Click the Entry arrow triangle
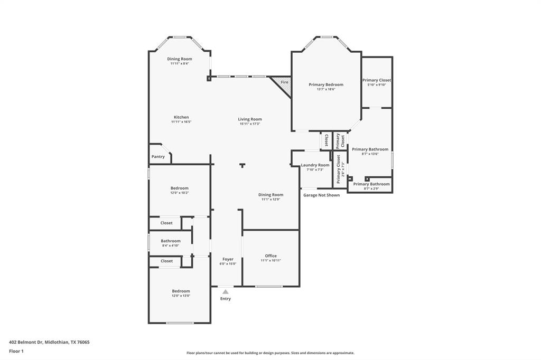point(226,291)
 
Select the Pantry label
point(158,157)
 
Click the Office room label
point(270,256)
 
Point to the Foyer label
point(228,259)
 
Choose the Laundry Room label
point(315,165)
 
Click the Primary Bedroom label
point(326,84)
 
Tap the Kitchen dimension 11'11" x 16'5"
point(181,122)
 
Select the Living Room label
point(249,119)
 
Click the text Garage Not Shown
point(321,195)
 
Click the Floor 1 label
point(16,351)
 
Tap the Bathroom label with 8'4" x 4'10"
point(171,241)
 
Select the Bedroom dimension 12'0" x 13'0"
point(181,296)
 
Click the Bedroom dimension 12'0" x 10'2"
point(179,193)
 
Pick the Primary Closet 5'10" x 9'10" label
point(377,80)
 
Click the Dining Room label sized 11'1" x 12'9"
point(271,195)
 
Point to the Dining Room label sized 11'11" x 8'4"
point(180,59)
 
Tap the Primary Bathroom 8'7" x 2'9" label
point(371,184)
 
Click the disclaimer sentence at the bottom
point(270,353)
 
